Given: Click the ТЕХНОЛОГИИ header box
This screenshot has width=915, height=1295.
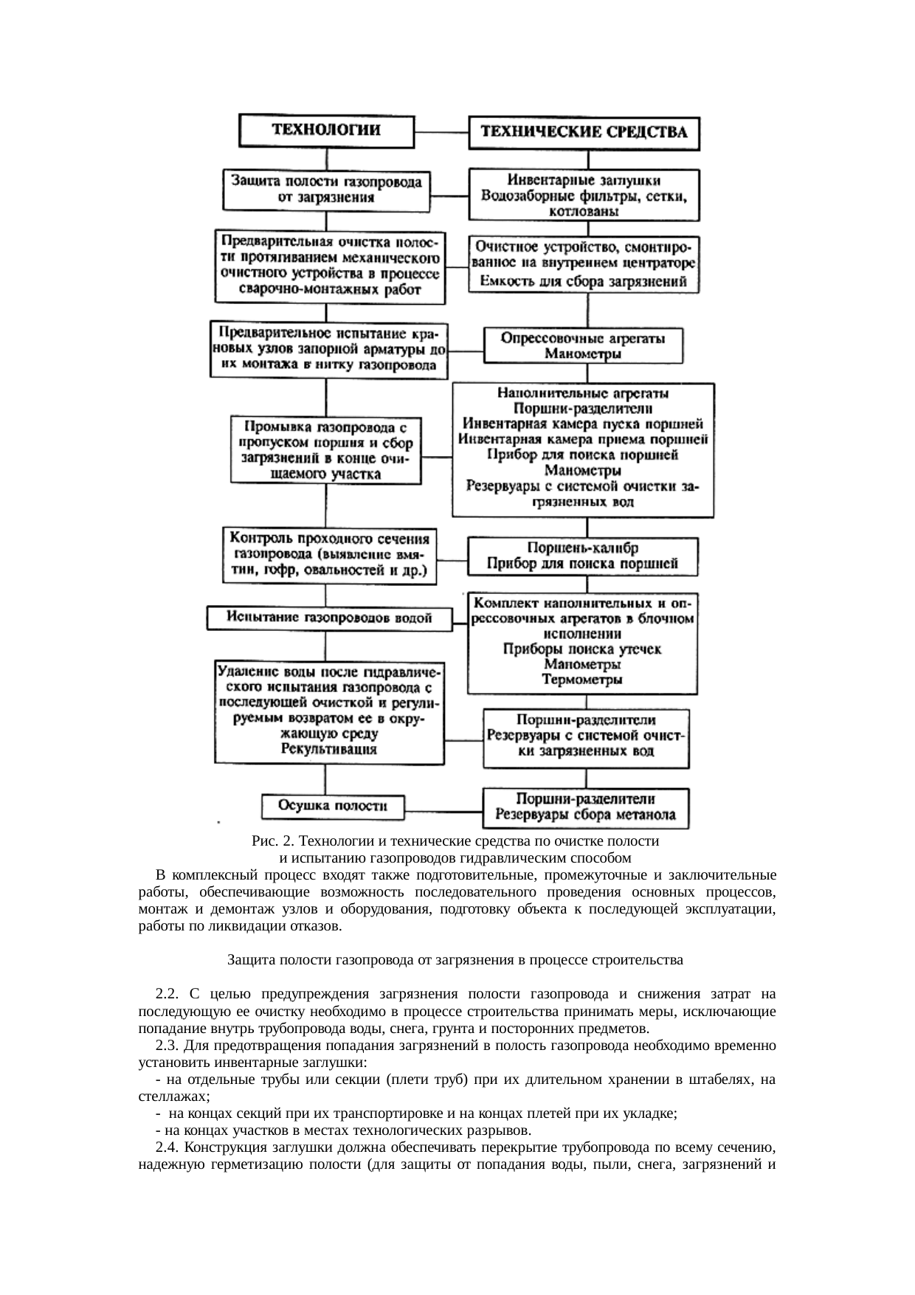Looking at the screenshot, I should [326, 130].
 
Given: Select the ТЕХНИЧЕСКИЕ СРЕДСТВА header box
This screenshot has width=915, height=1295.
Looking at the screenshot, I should [584, 133].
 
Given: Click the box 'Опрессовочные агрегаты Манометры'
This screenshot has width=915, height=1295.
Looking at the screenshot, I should [583, 345].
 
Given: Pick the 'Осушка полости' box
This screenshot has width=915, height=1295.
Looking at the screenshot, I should [333, 806].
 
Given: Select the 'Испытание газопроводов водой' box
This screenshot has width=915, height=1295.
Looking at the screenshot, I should [329, 618].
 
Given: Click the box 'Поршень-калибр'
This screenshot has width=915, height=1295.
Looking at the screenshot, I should [583, 556].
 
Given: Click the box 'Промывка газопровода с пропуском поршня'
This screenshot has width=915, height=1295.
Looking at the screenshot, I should [325, 450].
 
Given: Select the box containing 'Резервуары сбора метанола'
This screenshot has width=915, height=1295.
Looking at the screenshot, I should [586, 807].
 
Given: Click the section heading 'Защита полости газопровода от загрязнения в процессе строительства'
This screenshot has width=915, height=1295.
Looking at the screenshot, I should [455, 961].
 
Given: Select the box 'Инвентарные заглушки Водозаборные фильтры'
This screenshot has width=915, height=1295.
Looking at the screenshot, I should [584, 196].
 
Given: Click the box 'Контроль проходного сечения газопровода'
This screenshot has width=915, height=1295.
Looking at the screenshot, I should [329, 554].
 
